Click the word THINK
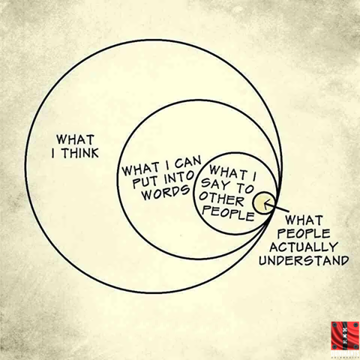pos(80,153)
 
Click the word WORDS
pos(166,192)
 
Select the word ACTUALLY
pos(303,247)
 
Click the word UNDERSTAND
pos(304,260)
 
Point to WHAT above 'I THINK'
pos(75,139)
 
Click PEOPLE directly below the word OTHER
pos(228,214)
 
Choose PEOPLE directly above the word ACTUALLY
pos(304,233)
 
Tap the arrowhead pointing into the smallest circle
pos(266,204)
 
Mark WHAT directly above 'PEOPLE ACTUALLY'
pos(304,220)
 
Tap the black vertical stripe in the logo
pos(346,336)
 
